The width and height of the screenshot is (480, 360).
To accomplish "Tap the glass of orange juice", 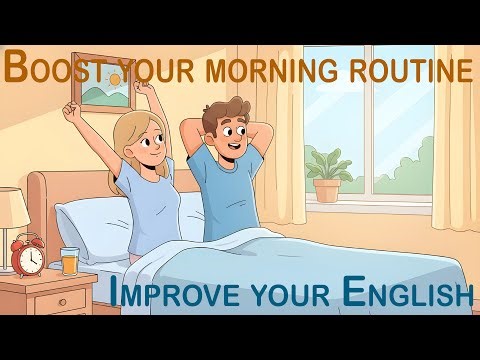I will click(68, 263).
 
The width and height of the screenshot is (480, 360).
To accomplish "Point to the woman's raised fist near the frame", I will click(70, 107).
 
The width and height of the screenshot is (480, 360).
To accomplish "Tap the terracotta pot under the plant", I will click(327, 190).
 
